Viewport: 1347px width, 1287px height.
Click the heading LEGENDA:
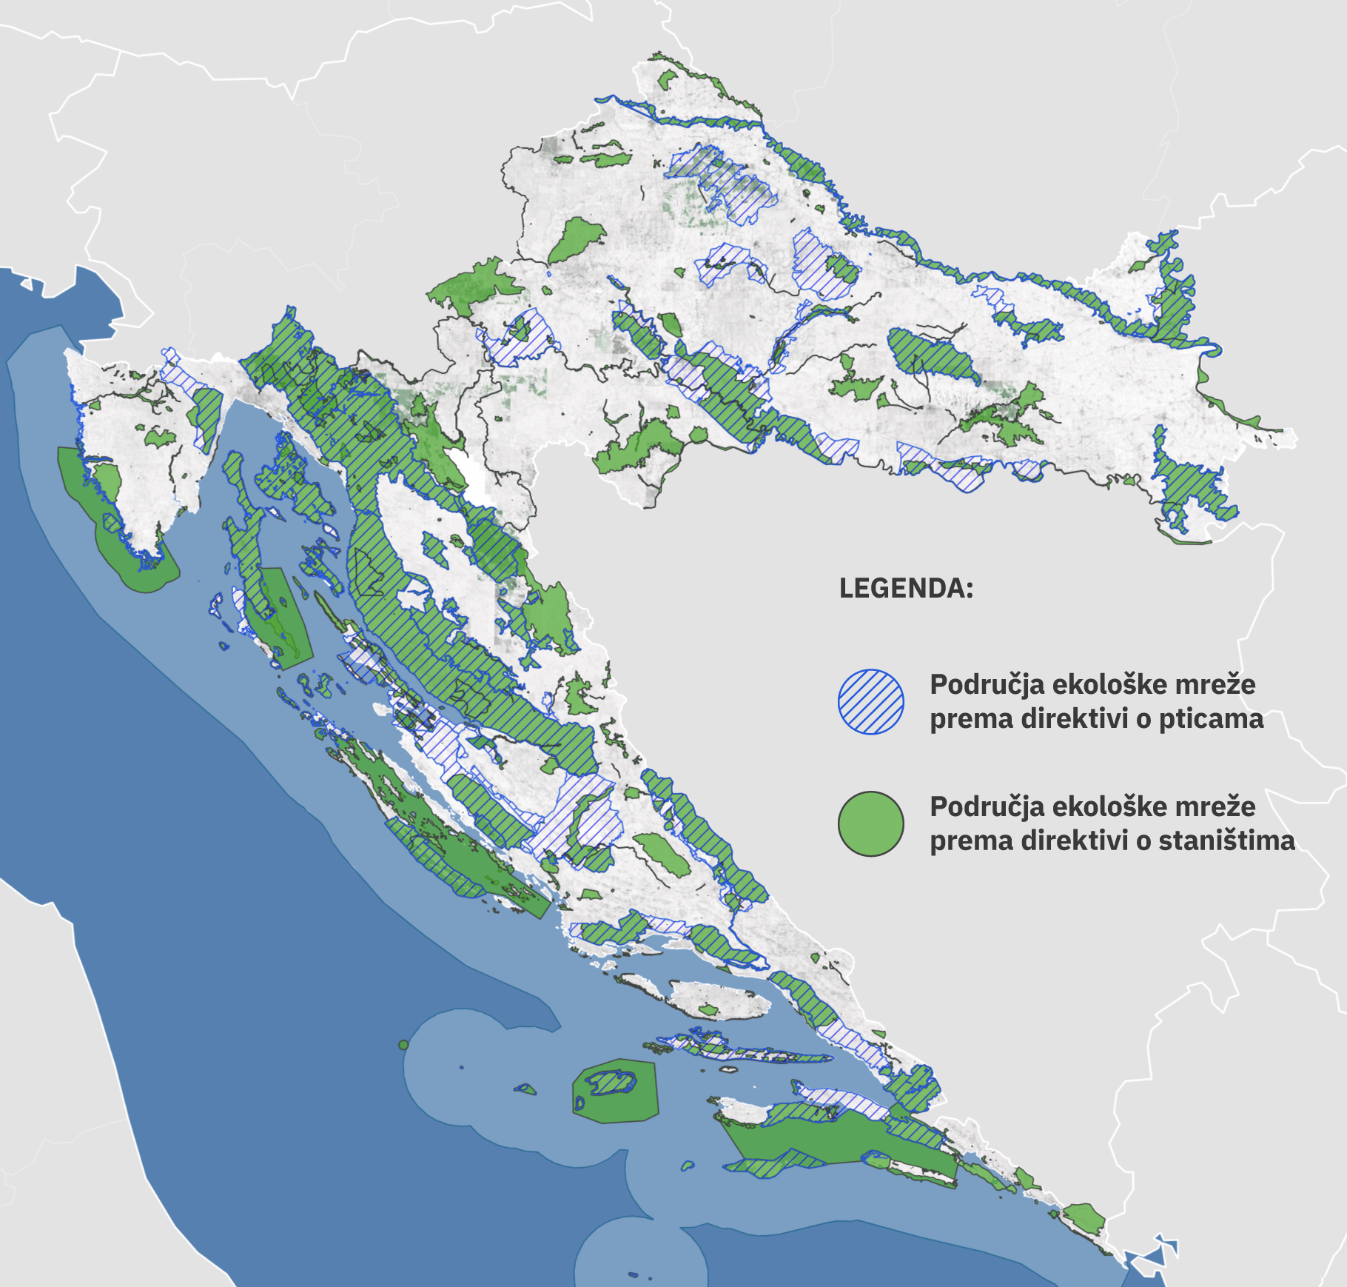tap(906, 589)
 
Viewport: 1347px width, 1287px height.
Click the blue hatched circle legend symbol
tap(870, 702)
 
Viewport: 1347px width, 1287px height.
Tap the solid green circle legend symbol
tap(870, 824)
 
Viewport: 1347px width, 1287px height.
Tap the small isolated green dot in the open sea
tap(403, 1045)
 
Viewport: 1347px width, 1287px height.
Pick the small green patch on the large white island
tap(708, 1010)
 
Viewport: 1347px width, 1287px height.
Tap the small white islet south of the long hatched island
tap(730, 1069)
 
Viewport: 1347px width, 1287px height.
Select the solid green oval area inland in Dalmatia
tap(663, 855)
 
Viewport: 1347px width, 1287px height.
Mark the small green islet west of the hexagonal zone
tap(526, 1089)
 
